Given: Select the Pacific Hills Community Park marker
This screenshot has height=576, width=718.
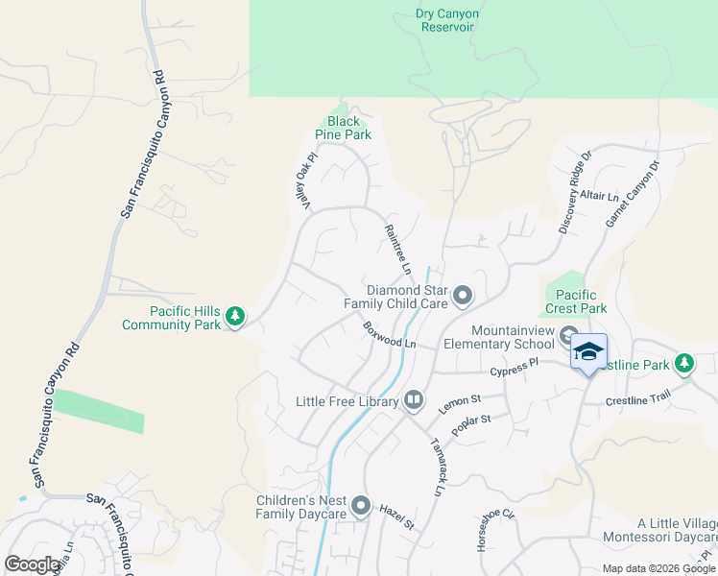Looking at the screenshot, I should tap(235, 315).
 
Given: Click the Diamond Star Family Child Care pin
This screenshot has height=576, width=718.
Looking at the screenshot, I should tap(463, 296).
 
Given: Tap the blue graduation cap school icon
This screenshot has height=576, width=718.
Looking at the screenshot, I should tap(588, 351).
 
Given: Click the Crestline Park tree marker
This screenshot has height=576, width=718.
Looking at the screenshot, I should tap(683, 364).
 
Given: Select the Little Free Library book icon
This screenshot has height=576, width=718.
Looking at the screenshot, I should tap(414, 399).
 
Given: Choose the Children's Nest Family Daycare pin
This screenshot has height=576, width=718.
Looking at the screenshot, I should tap(361, 505).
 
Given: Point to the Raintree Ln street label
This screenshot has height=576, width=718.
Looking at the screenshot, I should tap(397, 247).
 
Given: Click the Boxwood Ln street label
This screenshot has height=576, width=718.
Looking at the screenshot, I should tap(390, 335).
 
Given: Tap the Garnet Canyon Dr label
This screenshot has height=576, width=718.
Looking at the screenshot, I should tap(633, 194).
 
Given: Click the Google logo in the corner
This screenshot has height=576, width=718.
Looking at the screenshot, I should tap(33, 564).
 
